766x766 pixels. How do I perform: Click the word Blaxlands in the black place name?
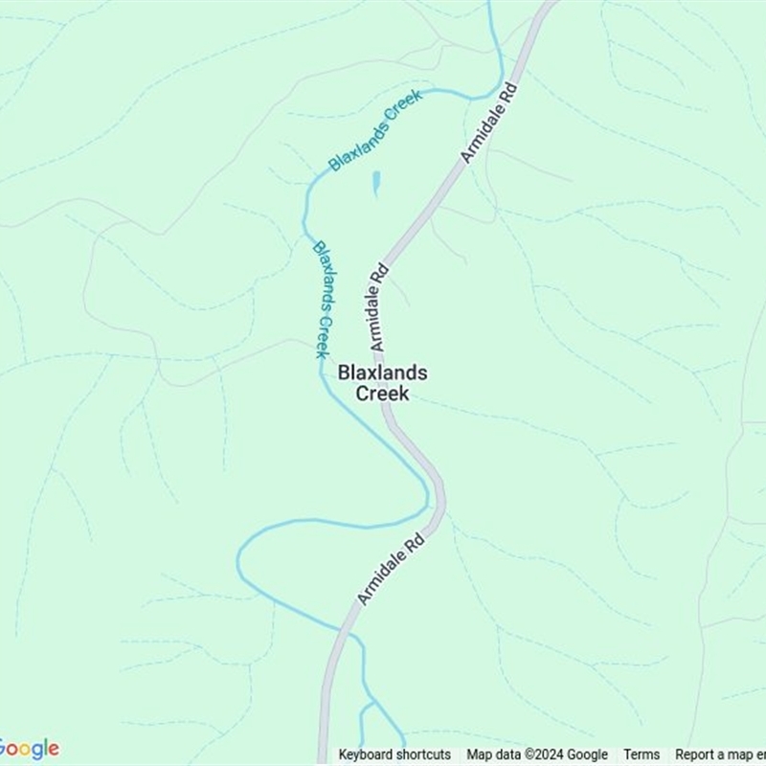(x=383, y=373)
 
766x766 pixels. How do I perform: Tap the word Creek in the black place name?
(x=383, y=394)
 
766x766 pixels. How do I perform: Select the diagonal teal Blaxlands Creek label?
(x=375, y=130)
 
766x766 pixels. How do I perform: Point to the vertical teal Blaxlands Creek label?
(x=323, y=299)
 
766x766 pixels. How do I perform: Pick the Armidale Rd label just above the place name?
(x=376, y=306)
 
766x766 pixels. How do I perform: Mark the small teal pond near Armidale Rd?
(x=376, y=183)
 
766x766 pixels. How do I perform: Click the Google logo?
(x=29, y=749)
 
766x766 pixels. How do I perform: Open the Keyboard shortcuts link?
(x=394, y=755)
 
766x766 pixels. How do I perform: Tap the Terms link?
(x=642, y=755)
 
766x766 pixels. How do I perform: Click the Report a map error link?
(x=720, y=755)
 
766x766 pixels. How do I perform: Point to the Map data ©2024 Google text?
(x=537, y=755)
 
